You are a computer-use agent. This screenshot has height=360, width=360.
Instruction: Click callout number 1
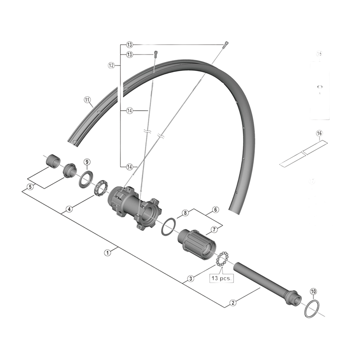(x=107, y=252)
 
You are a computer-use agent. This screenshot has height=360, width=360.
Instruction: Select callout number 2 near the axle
(x=233, y=303)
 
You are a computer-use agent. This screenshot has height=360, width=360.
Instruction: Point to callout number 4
(x=69, y=209)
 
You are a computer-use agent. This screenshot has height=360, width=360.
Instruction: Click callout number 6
(x=215, y=210)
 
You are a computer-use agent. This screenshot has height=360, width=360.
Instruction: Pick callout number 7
(x=214, y=229)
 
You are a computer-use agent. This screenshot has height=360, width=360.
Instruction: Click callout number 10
(x=313, y=291)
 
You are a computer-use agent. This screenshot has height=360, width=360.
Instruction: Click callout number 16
(x=319, y=134)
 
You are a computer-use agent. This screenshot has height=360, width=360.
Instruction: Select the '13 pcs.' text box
(x=220, y=279)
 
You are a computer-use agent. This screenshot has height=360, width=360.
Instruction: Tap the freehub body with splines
(x=197, y=243)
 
